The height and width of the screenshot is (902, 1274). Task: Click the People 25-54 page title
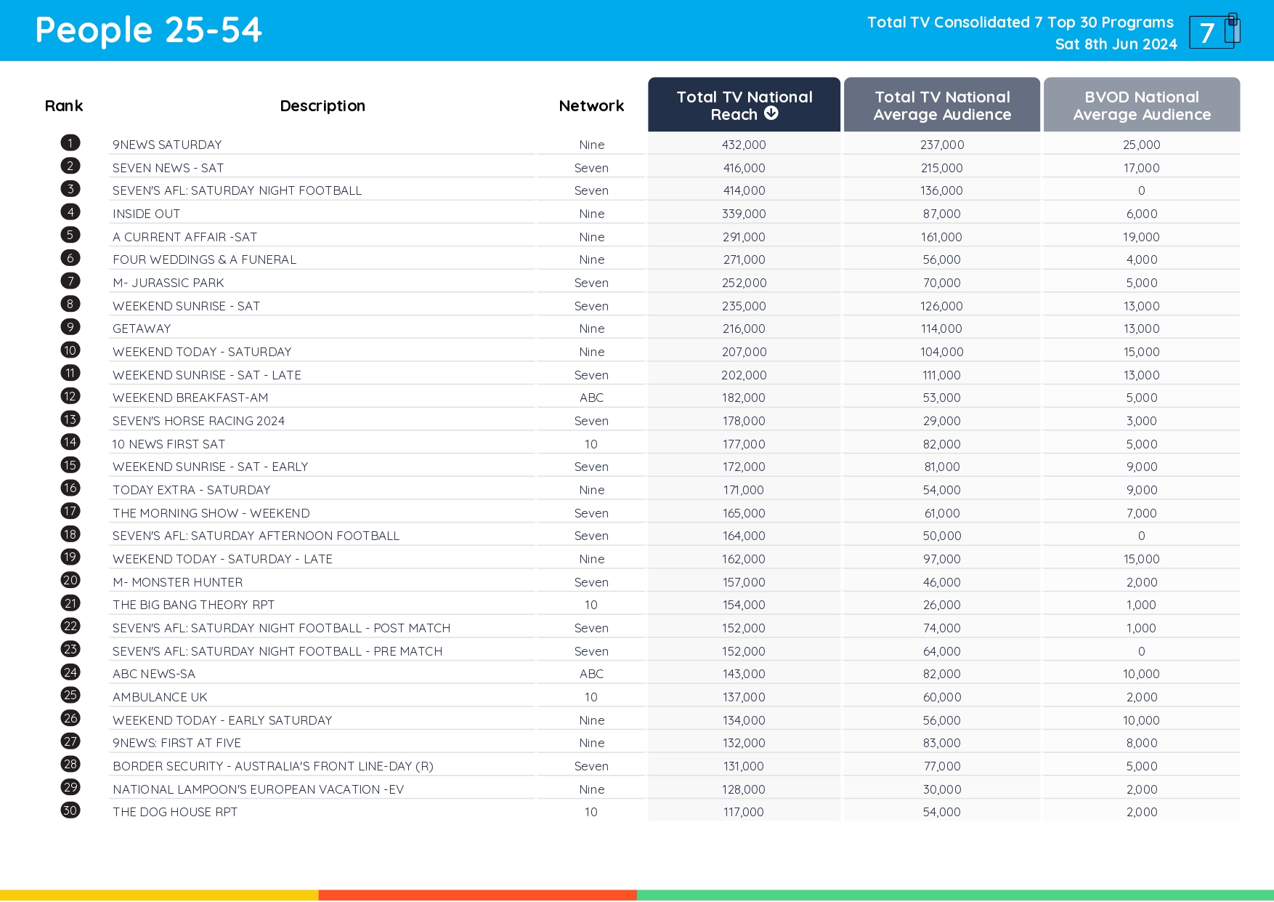coord(148,31)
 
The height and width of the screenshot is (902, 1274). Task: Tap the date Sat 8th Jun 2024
coord(1116,44)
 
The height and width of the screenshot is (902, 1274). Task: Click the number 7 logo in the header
coord(1211,32)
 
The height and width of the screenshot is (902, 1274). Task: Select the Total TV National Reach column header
coord(744,105)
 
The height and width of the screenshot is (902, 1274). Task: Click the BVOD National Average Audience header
coord(1141,105)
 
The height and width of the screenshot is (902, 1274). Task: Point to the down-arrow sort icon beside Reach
coord(771,113)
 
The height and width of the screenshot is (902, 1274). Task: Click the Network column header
coord(591,106)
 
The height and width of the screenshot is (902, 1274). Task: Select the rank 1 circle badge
coord(70,143)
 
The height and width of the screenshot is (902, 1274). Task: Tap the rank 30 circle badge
coord(70,810)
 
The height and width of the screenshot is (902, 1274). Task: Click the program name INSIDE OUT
coord(146,214)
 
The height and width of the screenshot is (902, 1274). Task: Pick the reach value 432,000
coord(744,145)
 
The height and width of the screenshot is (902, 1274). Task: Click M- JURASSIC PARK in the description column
coord(169,283)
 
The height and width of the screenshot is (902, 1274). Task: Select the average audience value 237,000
coord(942,145)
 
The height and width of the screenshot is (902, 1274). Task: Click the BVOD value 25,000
coord(1141,145)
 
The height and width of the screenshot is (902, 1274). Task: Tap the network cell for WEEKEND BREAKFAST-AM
coord(591,398)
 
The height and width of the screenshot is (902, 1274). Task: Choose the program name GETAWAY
coord(142,329)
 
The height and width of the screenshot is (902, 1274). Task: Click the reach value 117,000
coord(744,812)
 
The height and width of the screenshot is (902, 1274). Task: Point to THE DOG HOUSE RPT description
coord(175,812)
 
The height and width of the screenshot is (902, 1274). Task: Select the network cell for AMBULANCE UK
coord(591,697)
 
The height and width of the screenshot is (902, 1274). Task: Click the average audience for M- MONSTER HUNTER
coord(942,582)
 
